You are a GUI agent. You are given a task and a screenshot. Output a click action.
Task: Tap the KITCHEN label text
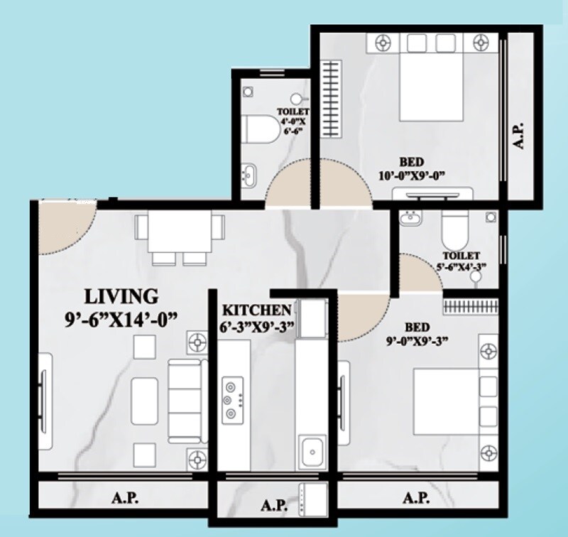[256, 310]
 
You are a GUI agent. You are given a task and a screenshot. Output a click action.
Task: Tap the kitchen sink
[310, 449]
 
